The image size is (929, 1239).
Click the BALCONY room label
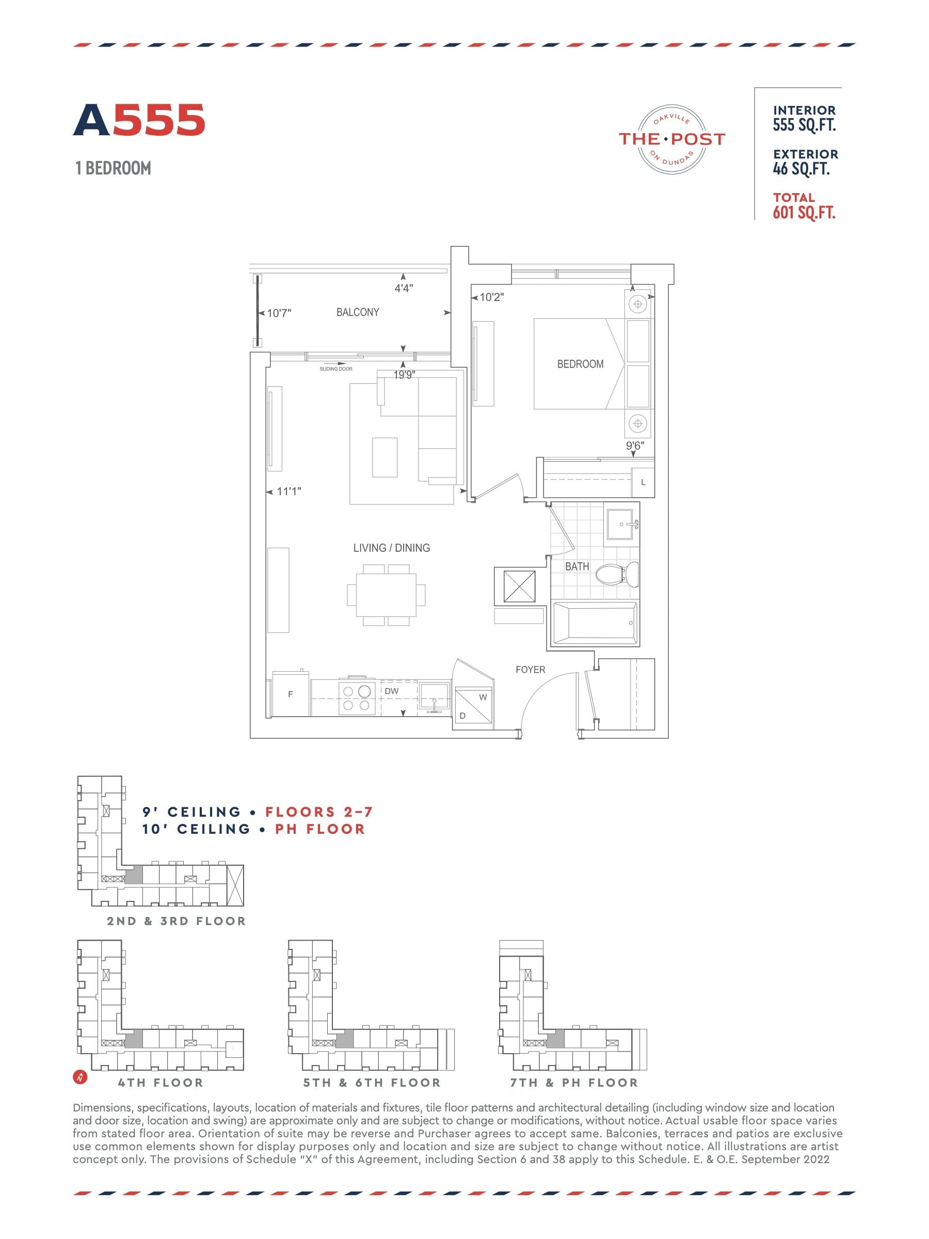pyautogui.click(x=357, y=312)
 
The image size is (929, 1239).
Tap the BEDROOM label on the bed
pyautogui.click(x=580, y=363)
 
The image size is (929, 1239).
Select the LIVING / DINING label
pyautogui.click(x=391, y=548)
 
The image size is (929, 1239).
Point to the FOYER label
pyautogui.click(x=530, y=670)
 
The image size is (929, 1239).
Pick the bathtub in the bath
pyautogui.click(x=595, y=623)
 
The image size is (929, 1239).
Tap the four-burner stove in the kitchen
pyautogui.click(x=357, y=697)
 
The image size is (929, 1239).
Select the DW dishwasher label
pyautogui.click(x=391, y=691)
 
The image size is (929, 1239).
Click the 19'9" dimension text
pyautogui.click(x=404, y=375)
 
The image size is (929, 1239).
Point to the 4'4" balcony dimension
pyautogui.click(x=404, y=288)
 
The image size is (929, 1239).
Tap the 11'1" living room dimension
pyautogui.click(x=289, y=491)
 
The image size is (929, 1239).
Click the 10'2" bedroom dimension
pyautogui.click(x=492, y=297)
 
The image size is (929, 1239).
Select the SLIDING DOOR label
pyautogui.click(x=336, y=369)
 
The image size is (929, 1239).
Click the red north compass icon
pyautogui.click(x=81, y=1076)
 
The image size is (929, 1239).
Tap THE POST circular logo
pyautogui.click(x=671, y=139)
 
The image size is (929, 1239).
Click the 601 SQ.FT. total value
pyautogui.click(x=804, y=212)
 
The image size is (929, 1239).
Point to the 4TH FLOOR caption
pyautogui.click(x=161, y=1083)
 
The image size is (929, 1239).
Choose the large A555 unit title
pyautogui.click(x=139, y=120)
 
